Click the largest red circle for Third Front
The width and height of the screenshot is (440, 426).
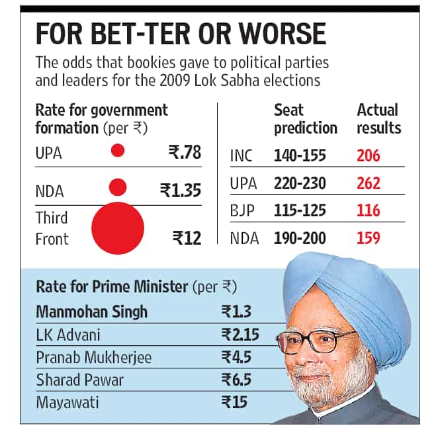[x=118, y=228]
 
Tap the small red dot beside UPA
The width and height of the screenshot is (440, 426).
[x=118, y=150]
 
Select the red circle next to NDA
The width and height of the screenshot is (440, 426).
[x=118, y=187]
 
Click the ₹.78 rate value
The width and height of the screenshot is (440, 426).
[x=185, y=152]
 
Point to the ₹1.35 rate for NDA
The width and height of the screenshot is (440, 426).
[x=181, y=190]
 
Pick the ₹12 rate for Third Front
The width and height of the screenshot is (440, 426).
[x=187, y=238]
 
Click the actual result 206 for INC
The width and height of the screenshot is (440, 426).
[x=369, y=155]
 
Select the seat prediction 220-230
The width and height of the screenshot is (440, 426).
[x=300, y=183]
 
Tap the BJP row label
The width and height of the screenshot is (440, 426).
[x=242, y=211]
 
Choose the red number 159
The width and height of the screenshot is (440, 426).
[x=369, y=238]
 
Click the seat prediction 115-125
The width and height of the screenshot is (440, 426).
[x=300, y=210]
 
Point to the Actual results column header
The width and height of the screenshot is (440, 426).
[x=379, y=119]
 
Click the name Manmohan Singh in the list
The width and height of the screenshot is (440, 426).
[x=92, y=312]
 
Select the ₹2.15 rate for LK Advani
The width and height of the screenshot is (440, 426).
[x=240, y=335]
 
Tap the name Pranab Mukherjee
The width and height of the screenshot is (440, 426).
[x=94, y=358]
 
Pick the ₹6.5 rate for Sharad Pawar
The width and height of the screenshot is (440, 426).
[x=236, y=380]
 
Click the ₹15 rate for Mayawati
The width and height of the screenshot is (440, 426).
[x=234, y=402]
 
